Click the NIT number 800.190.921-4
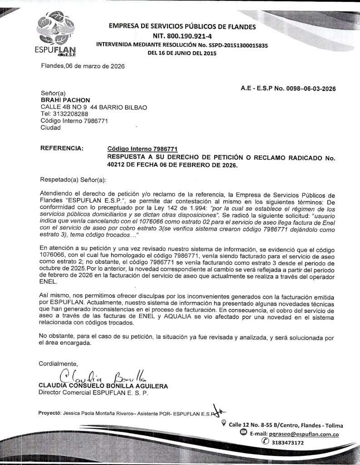click(x=182, y=36)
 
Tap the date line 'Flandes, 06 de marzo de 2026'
click(x=83, y=66)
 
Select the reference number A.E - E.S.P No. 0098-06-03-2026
click(x=288, y=89)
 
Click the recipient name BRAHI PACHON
click(x=65, y=100)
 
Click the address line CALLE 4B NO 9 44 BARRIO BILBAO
click(x=94, y=107)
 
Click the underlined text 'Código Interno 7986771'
click(x=142, y=149)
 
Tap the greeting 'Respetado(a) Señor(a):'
click(x=73, y=180)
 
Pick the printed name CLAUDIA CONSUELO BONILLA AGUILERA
click(x=104, y=386)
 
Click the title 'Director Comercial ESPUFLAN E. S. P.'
click(x=94, y=393)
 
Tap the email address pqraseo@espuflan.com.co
click(x=304, y=434)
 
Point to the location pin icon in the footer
click(x=223, y=424)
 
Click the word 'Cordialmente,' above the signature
click(x=59, y=363)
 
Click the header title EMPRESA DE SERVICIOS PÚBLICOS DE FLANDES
click(x=182, y=27)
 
